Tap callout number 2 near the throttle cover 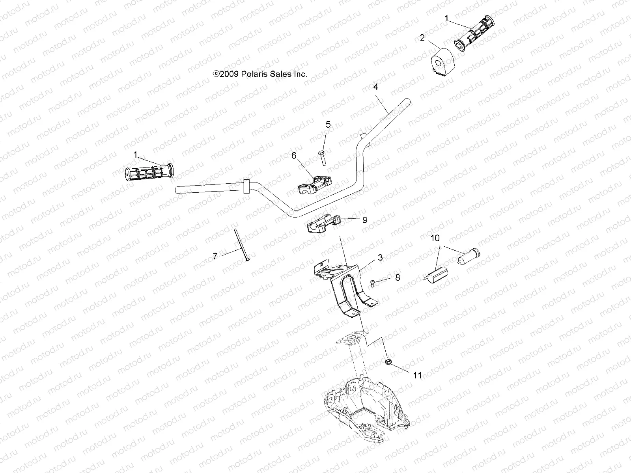pos(422,38)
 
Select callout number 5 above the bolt pos(328,125)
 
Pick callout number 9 pos(365,220)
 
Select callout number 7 pos(215,257)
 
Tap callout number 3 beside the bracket pos(380,258)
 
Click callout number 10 pos(435,238)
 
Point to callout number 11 pos(417,375)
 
